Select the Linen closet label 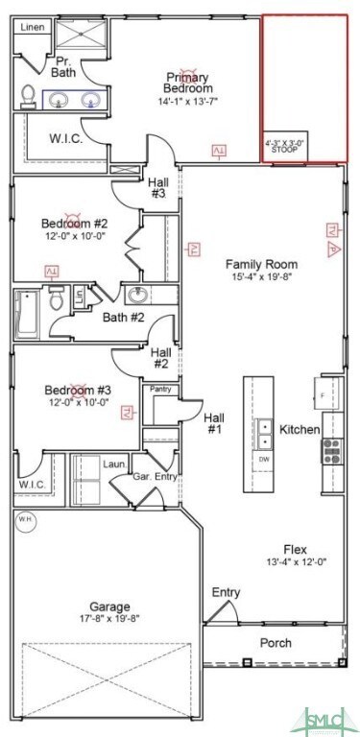[32, 29]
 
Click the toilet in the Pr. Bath [29, 95]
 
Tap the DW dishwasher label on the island [262, 459]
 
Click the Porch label [276, 642]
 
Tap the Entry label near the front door [226, 592]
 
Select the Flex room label [296, 549]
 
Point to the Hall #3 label [157, 187]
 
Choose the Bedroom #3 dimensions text [68, 403]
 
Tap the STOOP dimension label [284, 146]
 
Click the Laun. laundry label [115, 464]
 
